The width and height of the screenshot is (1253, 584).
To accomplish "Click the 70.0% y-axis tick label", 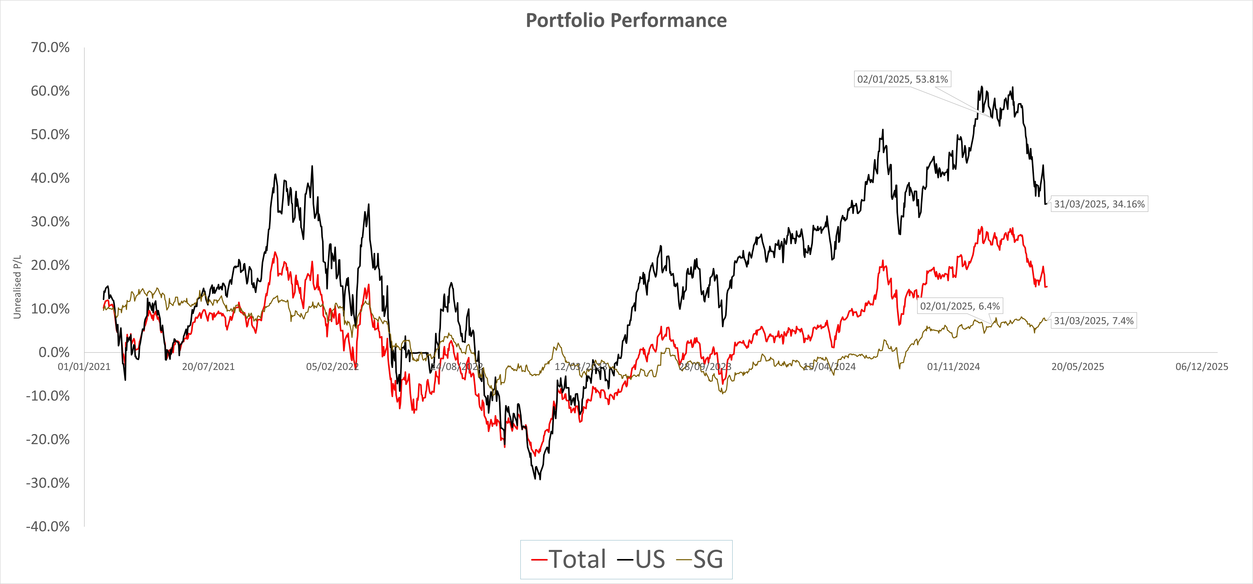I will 50,48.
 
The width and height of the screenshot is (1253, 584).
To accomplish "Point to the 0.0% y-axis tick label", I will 54,353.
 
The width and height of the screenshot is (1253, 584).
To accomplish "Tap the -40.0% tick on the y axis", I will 48,527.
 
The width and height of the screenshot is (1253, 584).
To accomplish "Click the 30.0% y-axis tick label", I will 50,222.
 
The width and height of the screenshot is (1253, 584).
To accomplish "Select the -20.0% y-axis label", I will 48,440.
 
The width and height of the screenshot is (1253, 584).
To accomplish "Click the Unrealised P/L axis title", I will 17,287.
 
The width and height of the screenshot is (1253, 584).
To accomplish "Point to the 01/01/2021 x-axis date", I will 84,367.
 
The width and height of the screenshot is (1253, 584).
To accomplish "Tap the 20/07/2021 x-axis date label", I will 208,367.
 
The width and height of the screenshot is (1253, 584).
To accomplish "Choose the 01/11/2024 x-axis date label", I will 953,367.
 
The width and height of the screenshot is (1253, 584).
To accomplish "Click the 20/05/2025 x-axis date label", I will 1077,367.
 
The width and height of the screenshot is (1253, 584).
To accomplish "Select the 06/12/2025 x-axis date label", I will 1201,367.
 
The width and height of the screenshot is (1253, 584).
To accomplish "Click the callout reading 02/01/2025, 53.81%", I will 902,79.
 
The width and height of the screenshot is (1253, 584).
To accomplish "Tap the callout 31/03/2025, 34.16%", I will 1099,204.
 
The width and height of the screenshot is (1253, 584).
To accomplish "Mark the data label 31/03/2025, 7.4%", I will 1093,321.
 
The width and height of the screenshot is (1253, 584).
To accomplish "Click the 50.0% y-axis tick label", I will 50,135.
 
